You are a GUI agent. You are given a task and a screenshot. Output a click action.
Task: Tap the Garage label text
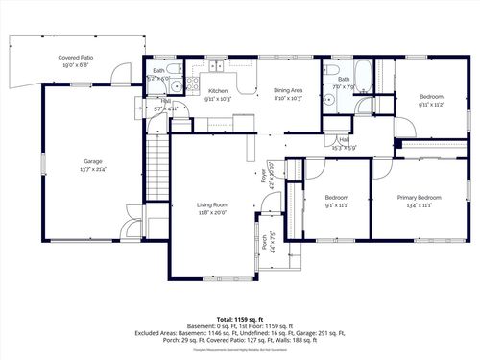(92, 161)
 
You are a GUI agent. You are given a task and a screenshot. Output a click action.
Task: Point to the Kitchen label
(218, 91)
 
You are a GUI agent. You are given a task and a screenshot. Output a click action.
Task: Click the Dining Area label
(288, 91)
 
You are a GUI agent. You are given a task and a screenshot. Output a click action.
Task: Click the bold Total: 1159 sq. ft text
(239, 318)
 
